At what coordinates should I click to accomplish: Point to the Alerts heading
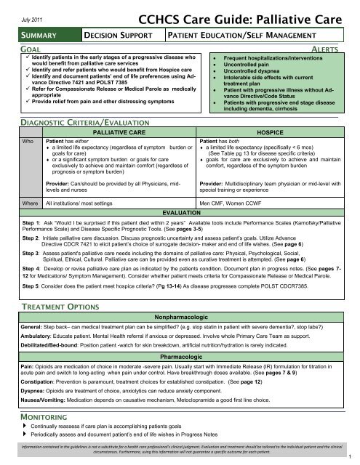tap(337, 45)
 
